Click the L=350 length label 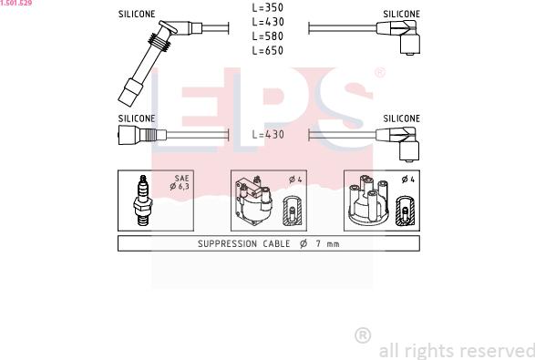click(268, 7)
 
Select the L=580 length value click(268, 36)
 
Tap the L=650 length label click(268, 50)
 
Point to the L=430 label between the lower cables click(268, 135)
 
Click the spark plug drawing click(142, 201)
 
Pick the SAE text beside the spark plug click(182, 178)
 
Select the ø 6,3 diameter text click(180, 186)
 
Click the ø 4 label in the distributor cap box click(408, 180)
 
